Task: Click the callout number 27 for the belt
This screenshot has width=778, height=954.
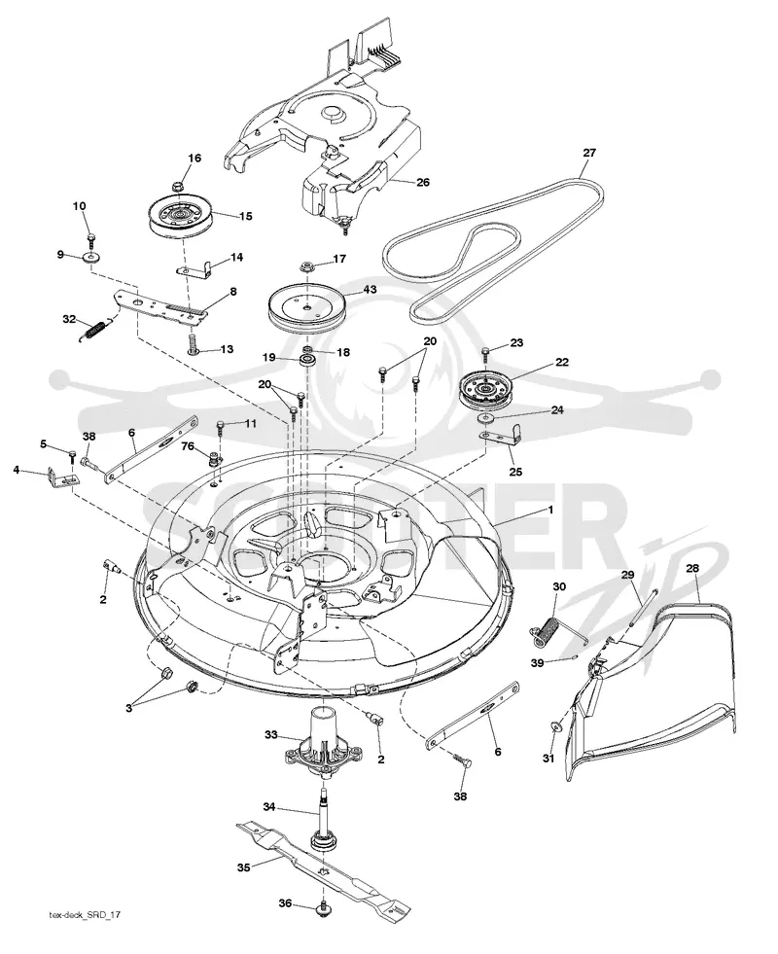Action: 588,153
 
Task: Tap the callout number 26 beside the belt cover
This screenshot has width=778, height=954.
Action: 422,182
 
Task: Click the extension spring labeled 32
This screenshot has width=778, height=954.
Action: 95,332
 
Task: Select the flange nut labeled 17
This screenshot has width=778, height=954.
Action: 306,266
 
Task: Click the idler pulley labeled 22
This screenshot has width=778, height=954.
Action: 485,393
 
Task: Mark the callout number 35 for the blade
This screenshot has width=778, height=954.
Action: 243,867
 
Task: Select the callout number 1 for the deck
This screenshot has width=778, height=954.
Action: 551,510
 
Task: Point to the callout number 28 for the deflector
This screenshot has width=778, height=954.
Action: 692,568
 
